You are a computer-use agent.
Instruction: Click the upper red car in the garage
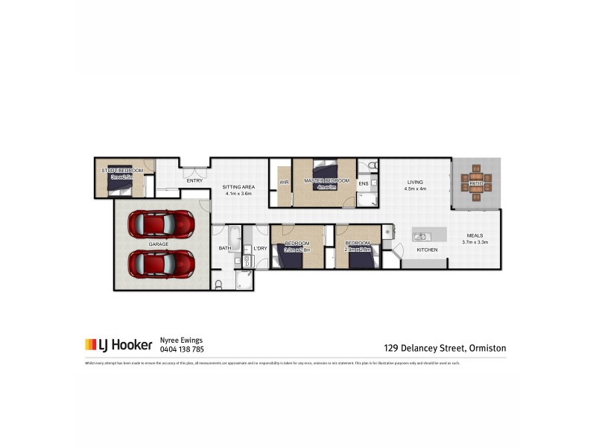(161, 223)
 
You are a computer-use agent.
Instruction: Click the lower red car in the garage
(161, 263)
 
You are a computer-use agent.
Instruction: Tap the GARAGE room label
(157, 244)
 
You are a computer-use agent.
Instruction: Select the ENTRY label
(194, 180)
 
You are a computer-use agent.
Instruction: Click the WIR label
(284, 181)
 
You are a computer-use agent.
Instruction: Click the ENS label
(364, 183)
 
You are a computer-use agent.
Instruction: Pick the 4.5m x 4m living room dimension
(414, 188)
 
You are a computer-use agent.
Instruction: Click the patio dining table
(476, 183)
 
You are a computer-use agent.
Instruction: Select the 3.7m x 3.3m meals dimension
(475, 241)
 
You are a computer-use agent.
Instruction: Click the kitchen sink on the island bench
(419, 236)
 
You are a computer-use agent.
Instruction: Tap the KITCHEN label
(427, 250)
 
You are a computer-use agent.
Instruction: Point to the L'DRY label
(260, 248)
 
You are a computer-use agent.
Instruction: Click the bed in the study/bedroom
(119, 179)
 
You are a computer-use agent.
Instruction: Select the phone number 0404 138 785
(182, 349)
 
